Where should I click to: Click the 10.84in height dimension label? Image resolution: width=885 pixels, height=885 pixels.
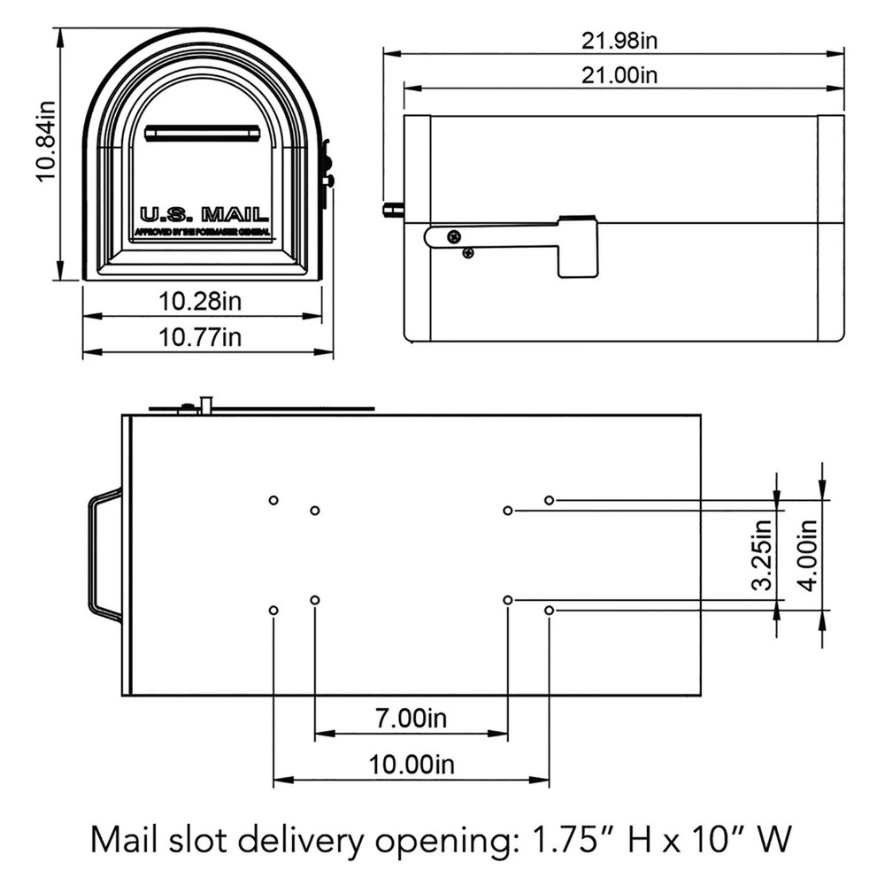click(46, 152)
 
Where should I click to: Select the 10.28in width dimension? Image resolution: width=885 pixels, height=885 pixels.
click(200, 301)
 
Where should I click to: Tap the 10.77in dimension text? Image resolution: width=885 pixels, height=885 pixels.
click(200, 337)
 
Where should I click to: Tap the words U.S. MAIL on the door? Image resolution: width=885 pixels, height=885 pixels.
click(204, 214)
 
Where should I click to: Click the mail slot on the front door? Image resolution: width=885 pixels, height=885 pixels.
click(202, 133)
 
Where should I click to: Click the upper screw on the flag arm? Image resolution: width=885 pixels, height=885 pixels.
click(452, 236)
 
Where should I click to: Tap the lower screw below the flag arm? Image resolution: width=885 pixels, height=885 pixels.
click(467, 253)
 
